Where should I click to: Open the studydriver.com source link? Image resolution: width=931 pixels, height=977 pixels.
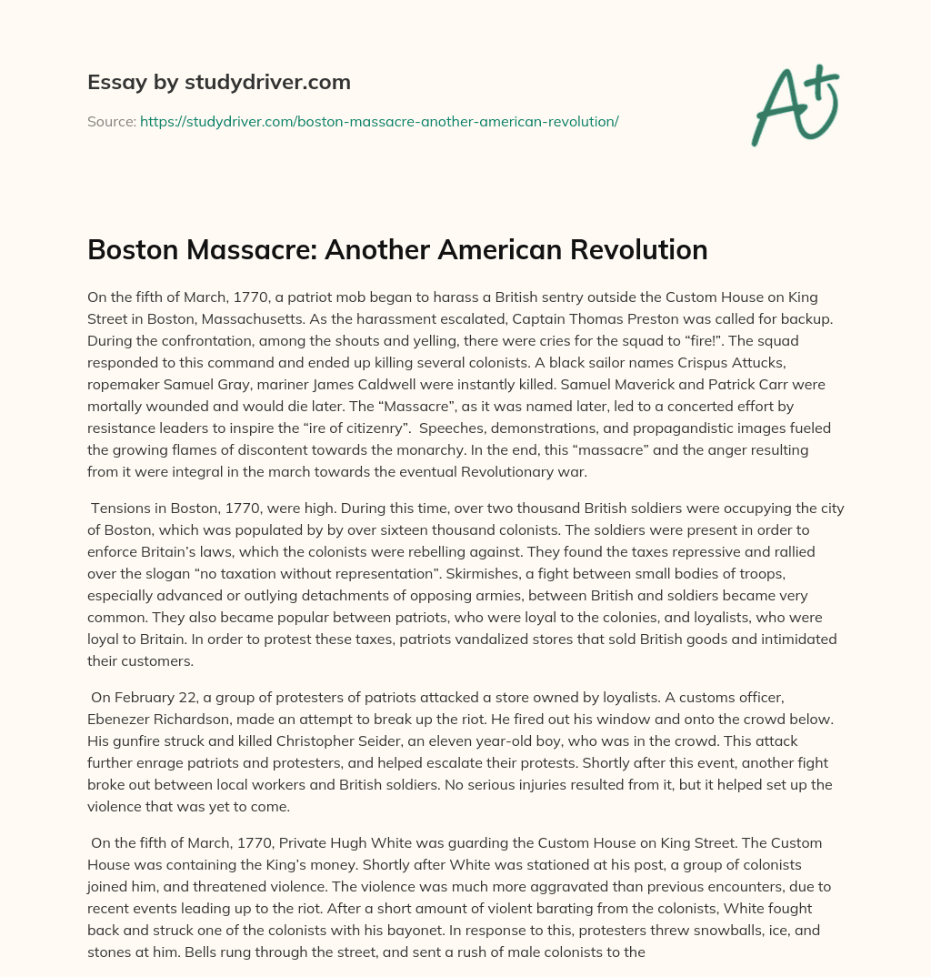379,121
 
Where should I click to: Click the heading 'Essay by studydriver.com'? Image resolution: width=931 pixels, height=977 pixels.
219,82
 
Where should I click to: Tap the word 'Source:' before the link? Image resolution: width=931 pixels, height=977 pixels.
112,121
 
